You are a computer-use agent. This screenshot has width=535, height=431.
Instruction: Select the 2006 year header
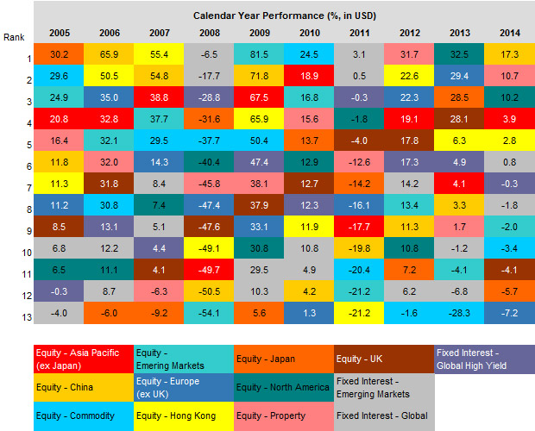coord(108,32)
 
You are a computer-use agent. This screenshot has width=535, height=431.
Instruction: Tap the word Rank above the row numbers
coord(14,37)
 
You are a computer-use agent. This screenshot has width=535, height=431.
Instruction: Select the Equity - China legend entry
coord(84,387)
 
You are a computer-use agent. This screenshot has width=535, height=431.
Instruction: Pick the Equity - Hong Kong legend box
coord(183,415)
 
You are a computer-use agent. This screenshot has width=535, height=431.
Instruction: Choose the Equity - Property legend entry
coord(282,415)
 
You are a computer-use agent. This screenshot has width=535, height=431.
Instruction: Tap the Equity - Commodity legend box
coord(84,415)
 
